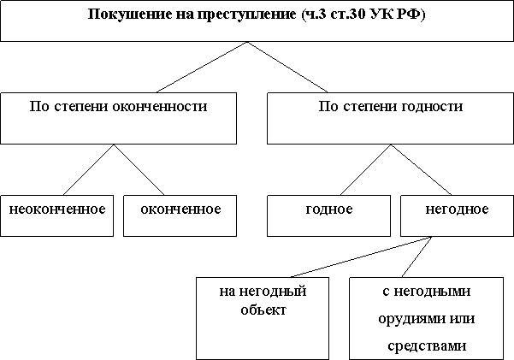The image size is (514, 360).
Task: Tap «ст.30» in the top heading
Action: pyautogui.click(x=347, y=15)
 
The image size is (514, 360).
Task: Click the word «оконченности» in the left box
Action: pyautogui.click(x=160, y=107)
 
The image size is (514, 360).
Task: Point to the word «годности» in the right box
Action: pyautogui.click(x=431, y=107)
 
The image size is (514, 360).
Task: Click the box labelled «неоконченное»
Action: pyautogui.click(x=56, y=215)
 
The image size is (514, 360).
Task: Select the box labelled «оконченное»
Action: pyautogui.click(x=180, y=215)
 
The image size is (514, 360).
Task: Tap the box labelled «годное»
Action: pyautogui.click(x=328, y=215)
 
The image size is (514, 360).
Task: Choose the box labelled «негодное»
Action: pyautogui.click(x=457, y=215)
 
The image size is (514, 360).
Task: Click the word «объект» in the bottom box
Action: pyautogui.click(x=263, y=310)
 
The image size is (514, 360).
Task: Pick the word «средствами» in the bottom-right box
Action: pyautogui.click(x=427, y=346)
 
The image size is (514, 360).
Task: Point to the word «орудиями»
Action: pyautogui.click(x=409, y=319)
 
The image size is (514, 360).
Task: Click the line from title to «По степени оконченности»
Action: pyautogui.click(x=202, y=68)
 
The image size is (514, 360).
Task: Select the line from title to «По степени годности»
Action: pyautogui.click(x=287, y=68)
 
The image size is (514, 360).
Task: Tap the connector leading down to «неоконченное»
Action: pyautogui.click(x=88, y=170)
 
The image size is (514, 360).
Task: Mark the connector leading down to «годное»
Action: pyautogui.click(x=365, y=170)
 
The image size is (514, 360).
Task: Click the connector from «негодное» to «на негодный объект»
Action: pyautogui.click(x=361, y=257)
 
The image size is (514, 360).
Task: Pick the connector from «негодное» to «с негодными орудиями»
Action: pyautogui.click(x=417, y=257)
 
